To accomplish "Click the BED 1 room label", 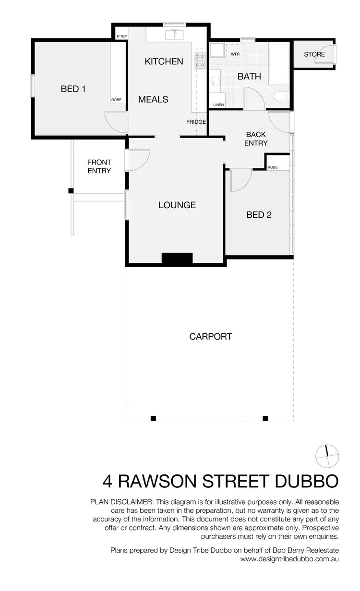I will pyautogui.click(x=73, y=89).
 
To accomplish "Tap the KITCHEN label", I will pyautogui.click(x=164, y=61).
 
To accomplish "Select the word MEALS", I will pyautogui.click(x=153, y=99).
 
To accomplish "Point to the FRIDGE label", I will pyautogui.click(x=196, y=122).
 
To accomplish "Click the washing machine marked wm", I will pyautogui.click(x=235, y=54).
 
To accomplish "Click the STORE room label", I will pyautogui.click(x=314, y=54).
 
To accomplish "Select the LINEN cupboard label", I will pyautogui.click(x=218, y=105).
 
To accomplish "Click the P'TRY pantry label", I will pyautogui.click(x=122, y=36).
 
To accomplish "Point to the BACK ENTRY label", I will pyautogui.click(x=256, y=139).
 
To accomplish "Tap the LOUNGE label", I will pyautogui.click(x=177, y=205).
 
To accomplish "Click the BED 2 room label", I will pyautogui.click(x=259, y=215).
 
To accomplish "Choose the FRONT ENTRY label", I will pyautogui.click(x=99, y=166).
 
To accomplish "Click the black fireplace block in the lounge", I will pyautogui.click(x=177, y=258).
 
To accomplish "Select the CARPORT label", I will pyautogui.click(x=211, y=336).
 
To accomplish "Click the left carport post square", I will pyautogui.click(x=153, y=418).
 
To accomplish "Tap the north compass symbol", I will pyautogui.click(x=327, y=456).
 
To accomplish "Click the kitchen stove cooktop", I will pyautogui.click(x=200, y=60).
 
